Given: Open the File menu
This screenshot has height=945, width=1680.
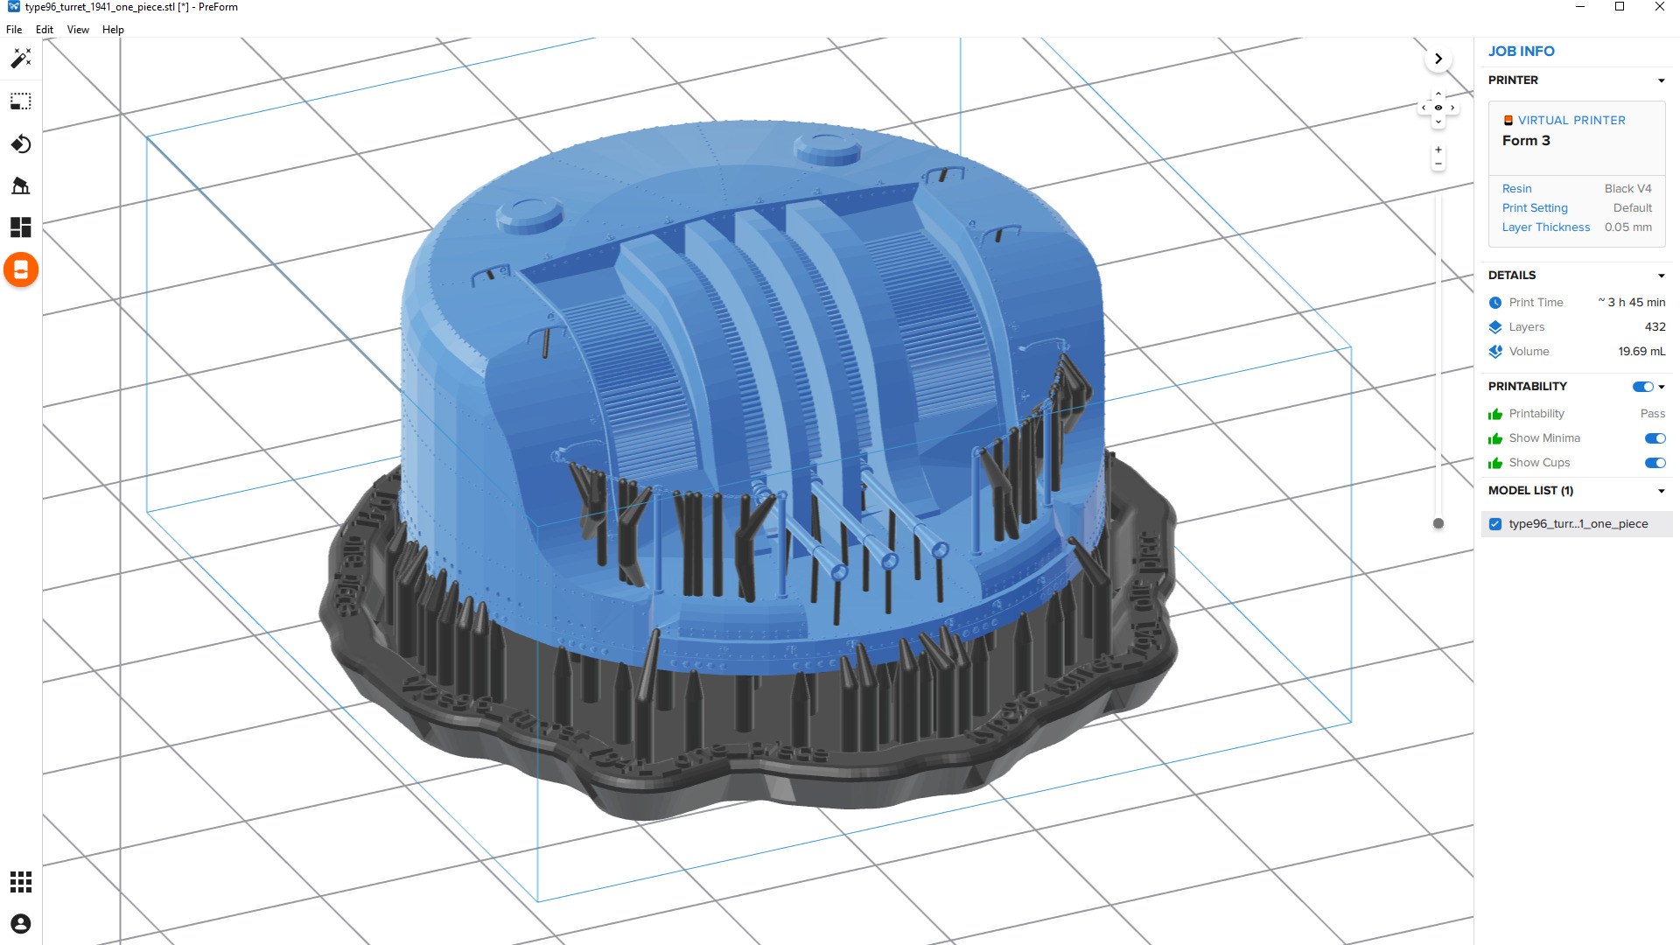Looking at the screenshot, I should coord(14,30).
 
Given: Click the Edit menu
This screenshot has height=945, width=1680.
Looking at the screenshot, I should coord(45,30).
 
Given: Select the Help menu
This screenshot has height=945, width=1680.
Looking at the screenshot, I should coord(113,30).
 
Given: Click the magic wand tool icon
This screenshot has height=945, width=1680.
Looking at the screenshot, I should coord(21,59).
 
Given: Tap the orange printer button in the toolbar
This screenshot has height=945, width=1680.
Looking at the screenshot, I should coord(21,270).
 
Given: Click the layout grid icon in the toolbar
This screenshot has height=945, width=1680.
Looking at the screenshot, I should coord(21,227).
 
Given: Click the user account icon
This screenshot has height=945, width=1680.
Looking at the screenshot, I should coord(21,924).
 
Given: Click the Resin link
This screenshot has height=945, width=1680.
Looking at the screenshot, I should coord(1516,189).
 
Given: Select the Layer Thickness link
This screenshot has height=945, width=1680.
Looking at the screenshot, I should coord(1545,227).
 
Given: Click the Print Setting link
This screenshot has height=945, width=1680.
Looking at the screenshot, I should coord(1535,208).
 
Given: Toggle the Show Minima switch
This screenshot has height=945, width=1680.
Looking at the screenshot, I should coord(1655,438).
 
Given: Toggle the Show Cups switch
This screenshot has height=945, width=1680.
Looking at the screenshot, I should coord(1655,463).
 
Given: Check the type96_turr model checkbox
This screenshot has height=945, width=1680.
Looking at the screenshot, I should coord(1495,524).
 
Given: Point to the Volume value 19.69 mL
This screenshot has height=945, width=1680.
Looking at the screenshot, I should coord(1641,352).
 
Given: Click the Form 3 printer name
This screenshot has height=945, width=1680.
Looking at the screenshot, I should coord(1526,141).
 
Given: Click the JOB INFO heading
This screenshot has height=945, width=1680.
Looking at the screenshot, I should coord(1521,52).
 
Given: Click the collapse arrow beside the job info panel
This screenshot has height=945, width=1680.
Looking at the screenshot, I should coord(1438,59).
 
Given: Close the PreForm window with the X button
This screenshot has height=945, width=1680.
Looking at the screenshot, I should coord(1659,7).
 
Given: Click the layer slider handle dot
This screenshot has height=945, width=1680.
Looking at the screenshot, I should coord(1438,524).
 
